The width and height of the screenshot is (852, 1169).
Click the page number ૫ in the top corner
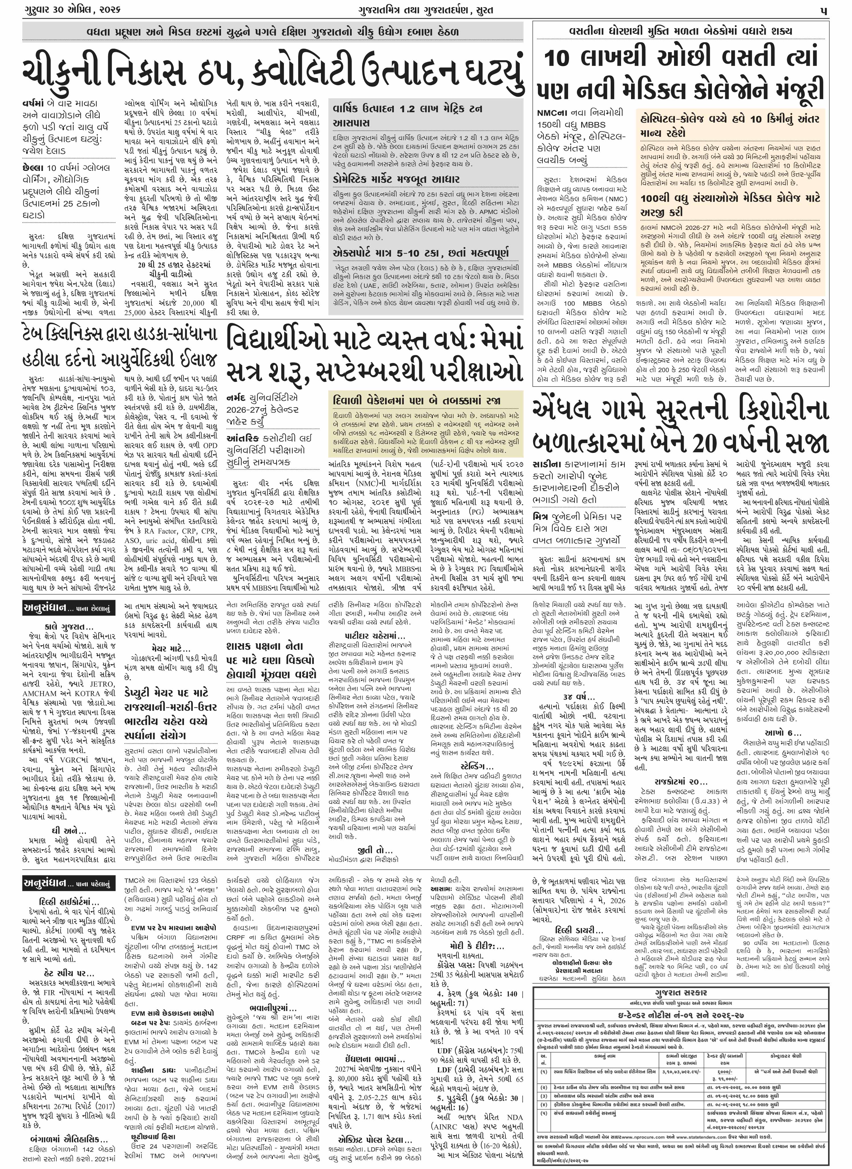(825, 10)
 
